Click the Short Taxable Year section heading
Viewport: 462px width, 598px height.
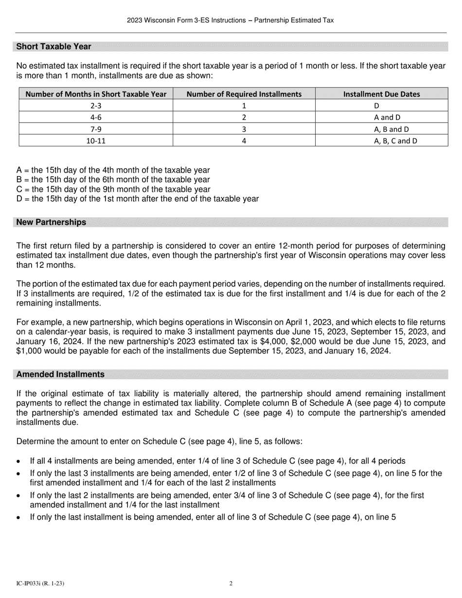53,47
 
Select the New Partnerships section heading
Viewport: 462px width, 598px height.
51,222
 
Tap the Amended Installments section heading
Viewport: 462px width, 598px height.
60,374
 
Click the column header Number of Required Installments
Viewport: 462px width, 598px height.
244,94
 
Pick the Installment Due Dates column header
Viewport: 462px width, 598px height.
381,94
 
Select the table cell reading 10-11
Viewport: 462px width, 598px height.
95,141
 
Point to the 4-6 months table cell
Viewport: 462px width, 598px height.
95,117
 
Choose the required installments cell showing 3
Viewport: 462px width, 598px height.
244,129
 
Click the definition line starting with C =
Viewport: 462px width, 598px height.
113,189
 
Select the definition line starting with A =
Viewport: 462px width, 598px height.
113,170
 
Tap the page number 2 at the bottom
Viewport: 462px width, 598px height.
231,583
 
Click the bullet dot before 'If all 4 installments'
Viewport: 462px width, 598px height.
18,461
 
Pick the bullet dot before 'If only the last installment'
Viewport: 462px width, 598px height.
18,518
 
